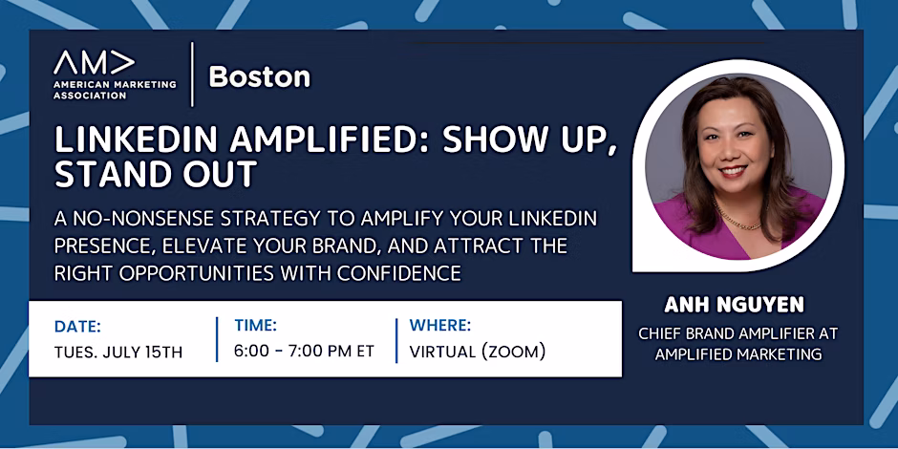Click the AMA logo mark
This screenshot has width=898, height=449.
[95, 62]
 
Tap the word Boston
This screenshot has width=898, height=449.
[260, 76]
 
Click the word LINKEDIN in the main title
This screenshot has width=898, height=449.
[135, 140]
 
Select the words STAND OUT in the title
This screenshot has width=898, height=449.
[155, 175]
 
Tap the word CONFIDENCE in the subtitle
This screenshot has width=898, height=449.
[399, 273]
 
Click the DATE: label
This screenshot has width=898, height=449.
[77, 327]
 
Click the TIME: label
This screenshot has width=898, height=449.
[255, 326]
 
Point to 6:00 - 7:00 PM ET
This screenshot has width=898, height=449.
[304, 351]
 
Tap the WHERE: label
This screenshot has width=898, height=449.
[440, 326]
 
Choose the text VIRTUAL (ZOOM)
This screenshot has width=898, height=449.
[478, 352]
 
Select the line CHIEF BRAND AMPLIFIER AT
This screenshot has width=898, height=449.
[738, 334]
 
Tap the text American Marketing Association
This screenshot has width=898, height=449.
[115, 90]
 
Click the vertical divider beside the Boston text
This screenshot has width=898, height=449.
[192, 75]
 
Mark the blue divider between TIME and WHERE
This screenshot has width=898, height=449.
[396, 340]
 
